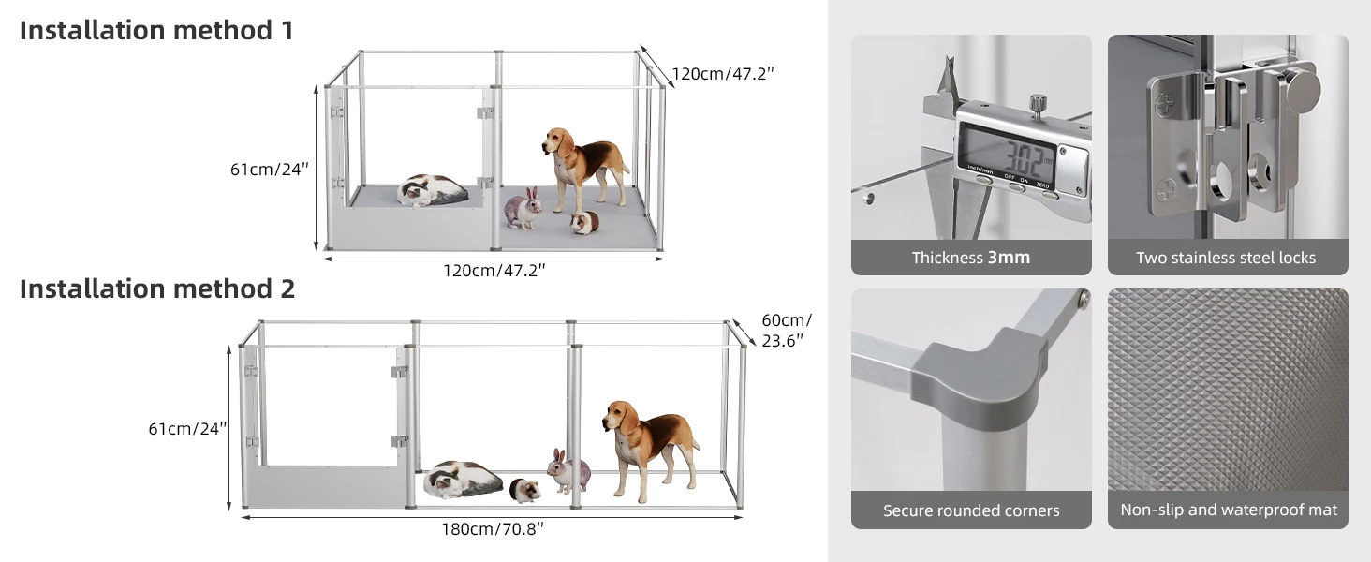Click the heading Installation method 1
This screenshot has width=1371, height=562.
click(x=156, y=31)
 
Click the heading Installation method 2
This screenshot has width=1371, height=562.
click(x=157, y=288)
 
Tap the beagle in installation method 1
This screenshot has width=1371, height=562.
click(x=584, y=169)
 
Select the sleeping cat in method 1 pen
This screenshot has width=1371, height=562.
click(x=432, y=190)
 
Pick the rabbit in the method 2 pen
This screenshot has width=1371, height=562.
click(x=568, y=471)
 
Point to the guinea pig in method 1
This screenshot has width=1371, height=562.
click(x=584, y=222)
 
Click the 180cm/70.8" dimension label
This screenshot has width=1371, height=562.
click(x=493, y=529)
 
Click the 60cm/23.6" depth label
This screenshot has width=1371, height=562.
click(x=787, y=331)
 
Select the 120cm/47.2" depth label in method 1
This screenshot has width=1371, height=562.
click(x=723, y=74)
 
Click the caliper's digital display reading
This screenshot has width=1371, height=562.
click(x=1008, y=156)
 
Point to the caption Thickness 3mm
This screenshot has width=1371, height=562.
click(x=971, y=258)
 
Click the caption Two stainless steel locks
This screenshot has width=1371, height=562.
click(x=1226, y=258)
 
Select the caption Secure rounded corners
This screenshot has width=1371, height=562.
click(x=971, y=510)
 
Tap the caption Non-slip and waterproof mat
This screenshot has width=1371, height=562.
click(x=1229, y=510)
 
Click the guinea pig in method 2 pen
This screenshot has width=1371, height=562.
click(x=525, y=491)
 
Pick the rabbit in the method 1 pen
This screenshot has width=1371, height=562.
click(x=523, y=209)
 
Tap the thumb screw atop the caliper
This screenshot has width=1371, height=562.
click(x=1038, y=103)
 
